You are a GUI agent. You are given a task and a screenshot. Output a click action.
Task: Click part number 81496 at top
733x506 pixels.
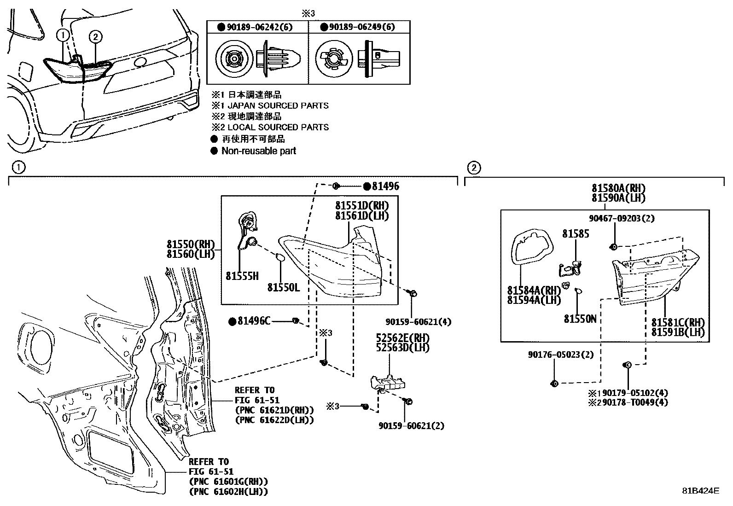pyautogui.click(x=385, y=186)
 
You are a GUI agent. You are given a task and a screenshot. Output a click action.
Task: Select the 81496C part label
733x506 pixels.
pyautogui.click(x=254, y=321)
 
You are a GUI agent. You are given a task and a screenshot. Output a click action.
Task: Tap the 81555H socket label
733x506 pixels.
pyautogui.click(x=242, y=276)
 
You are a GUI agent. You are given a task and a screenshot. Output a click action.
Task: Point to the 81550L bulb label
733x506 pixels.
pyautogui.click(x=283, y=287)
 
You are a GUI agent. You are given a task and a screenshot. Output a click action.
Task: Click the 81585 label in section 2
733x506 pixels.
pyautogui.click(x=575, y=234)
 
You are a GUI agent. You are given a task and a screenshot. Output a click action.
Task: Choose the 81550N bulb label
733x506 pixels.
pyautogui.click(x=580, y=318)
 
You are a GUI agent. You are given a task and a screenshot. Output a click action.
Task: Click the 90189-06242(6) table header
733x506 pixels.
pyautogui.click(x=260, y=27)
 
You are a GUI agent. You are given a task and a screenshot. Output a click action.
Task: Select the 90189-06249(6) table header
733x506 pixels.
pyautogui.click(x=362, y=27)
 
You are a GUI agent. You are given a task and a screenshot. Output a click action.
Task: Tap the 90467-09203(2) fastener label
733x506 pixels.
pyautogui.click(x=622, y=218)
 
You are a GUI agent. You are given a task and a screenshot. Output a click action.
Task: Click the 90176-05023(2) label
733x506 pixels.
pyautogui.click(x=560, y=355)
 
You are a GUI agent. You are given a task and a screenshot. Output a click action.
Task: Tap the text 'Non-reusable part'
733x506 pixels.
pyautogui.click(x=258, y=151)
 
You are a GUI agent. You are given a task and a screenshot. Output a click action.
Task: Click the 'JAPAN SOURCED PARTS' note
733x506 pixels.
pyautogui.click(x=278, y=105)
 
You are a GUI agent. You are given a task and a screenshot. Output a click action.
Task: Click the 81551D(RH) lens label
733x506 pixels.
pyautogui.click(x=361, y=205)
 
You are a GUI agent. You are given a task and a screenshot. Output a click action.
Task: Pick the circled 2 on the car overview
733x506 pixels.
pyautogui.click(x=95, y=36)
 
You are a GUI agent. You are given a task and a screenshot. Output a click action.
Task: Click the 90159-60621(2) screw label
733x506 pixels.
pyautogui.click(x=411, y=426)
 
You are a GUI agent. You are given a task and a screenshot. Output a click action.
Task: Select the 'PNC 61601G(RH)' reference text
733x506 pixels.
pyautogui.click(x=228, y=482)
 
